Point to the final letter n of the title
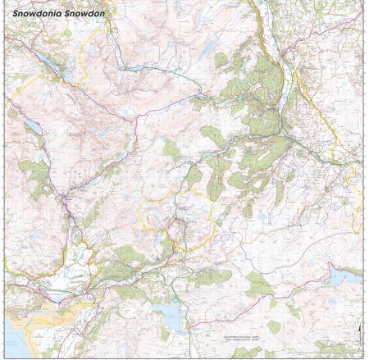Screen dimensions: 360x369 pyautogui.click(x=112, y=14)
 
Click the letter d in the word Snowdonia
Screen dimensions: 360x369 pyautogui.click(x=45, y=14)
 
